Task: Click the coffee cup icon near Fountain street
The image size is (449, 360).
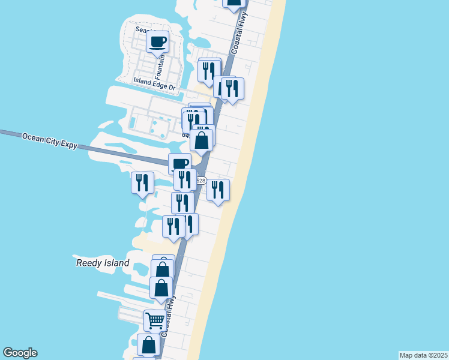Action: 158,42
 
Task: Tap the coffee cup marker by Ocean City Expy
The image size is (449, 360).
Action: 179,164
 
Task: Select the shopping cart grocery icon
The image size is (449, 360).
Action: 155,320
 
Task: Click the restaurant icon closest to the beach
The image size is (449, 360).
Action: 218,190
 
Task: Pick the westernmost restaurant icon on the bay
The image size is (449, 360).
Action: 142,182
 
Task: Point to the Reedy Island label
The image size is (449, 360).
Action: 103,263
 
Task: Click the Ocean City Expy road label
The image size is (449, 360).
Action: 50,141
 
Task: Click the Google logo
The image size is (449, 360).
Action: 20,353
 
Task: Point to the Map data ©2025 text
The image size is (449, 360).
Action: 423,355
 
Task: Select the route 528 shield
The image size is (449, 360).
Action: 200,181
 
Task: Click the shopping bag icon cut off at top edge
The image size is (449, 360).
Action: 234,2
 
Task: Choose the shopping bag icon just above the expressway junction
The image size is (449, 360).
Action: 202,141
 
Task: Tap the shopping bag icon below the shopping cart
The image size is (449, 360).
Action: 148,345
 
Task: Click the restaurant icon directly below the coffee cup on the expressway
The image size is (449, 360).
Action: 185,179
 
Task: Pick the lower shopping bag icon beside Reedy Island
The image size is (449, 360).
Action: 161,287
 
